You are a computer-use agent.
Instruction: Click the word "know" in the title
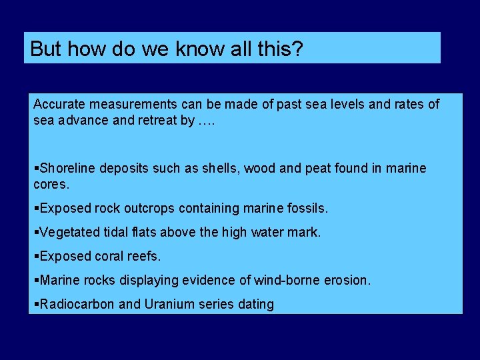pyautogui.click(x=182, y=49)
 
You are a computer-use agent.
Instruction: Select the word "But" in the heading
pyautogui.click(x=45, y=49)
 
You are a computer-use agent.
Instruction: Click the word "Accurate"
pyautogui.click(x=58, y=104)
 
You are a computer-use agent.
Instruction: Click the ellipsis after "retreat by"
pyautogui.click(x=207, y=121)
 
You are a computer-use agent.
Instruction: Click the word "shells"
pyautogui.click(x=221, y=168)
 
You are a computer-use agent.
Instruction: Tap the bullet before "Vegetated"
pyautogui.click(x=36, y=232)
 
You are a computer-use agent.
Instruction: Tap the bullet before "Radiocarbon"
pyautogui.click(x=36, y=304)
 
